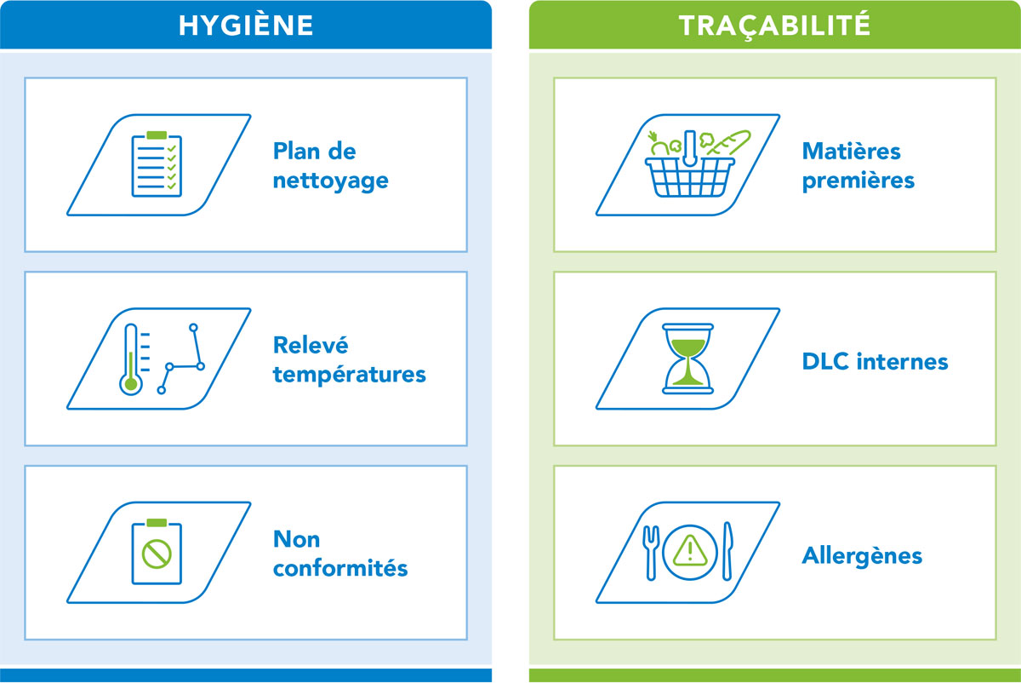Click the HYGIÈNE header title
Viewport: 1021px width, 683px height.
tap(246, 25)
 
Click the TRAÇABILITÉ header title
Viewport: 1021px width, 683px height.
tap(774, 26)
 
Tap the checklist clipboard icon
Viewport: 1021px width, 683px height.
tap(157, 164)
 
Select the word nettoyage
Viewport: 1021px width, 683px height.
tap(330, 181)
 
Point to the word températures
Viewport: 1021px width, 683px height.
tap(349, 375)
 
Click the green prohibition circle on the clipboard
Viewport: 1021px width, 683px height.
tap(157, 554)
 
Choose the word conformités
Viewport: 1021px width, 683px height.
tap(340, 569)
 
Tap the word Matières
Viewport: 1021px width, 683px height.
tap(851, 151)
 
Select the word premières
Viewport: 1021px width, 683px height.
tap(858, 181)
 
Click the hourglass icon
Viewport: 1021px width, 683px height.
tap(687, 359)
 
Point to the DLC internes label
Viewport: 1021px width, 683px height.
tap(875, 362)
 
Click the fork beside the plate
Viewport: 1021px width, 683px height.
tap(651, 553)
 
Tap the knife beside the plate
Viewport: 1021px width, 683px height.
tap(727, 551)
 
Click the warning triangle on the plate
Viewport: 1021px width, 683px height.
tap(690, 551)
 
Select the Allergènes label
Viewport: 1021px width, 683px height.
tap(862, 556)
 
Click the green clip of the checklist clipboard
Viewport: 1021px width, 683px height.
tap(157, 135)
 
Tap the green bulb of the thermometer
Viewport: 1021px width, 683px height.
tap(131, 384)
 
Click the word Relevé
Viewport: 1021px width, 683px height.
tap(311, 345)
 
